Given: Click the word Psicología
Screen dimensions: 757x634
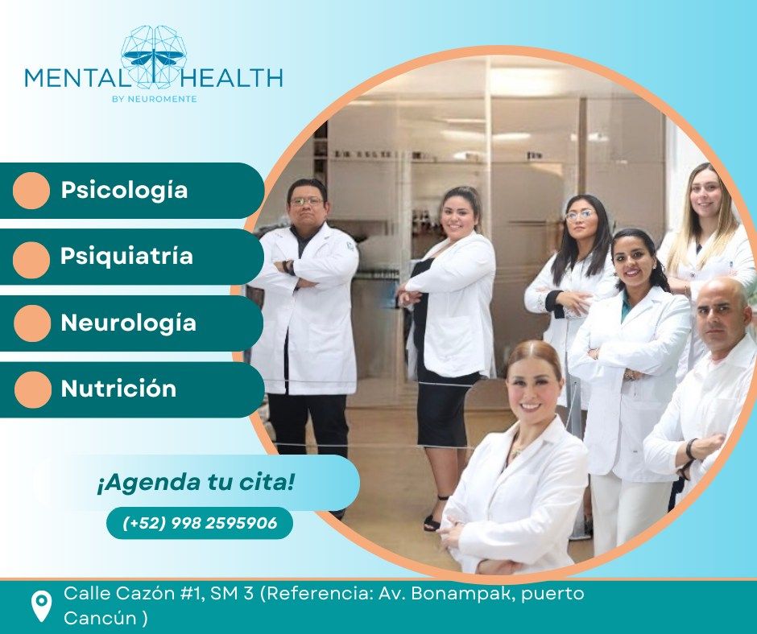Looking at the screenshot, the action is coord(124,190).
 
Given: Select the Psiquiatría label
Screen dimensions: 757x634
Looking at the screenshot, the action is coord(126,256).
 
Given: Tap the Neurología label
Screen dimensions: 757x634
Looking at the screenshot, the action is coord(128,323).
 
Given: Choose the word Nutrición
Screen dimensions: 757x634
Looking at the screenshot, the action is coord(118,389).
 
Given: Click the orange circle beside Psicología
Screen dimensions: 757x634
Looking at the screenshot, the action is coord(31,191).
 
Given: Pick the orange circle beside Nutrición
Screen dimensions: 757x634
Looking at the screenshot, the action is coord(33,389).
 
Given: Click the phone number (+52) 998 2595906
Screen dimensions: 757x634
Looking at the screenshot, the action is coord(200,523).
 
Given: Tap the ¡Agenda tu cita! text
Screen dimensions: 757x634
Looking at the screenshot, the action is coord(196,483).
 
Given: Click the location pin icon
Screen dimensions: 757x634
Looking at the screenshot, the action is coord(41,606).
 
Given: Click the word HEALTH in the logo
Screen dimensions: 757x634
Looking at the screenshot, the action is coord(231,78).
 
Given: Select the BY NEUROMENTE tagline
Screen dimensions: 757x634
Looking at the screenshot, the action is coord(154,99).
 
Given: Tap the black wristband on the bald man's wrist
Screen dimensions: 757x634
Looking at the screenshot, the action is coord(689,450).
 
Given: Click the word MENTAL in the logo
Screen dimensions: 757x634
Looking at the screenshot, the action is coord(76,78).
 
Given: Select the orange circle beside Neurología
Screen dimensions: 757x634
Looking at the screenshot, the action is coord(32,323).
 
